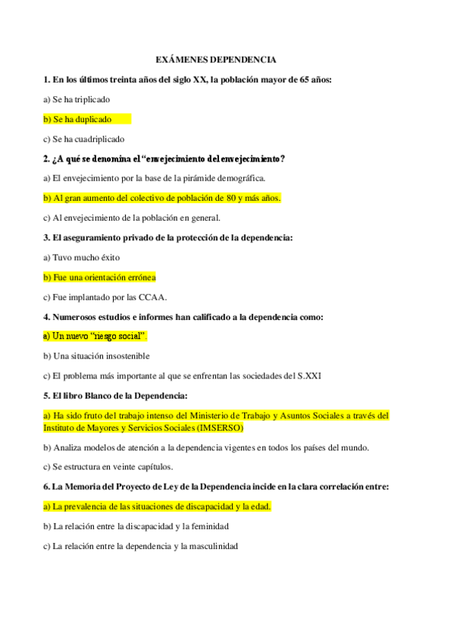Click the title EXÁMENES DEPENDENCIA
point(215,59)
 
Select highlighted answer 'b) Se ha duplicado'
point(77,119)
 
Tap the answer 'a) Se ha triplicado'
point(77,99)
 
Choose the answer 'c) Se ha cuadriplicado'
point(83,140)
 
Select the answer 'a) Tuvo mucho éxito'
point(81,258)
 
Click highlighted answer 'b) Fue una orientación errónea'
point(99,278)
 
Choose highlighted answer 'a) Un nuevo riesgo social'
point(95,336)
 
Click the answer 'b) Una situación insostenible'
point(96,356)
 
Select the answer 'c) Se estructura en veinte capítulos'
point(108,467)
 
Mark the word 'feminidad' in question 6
point(206,526)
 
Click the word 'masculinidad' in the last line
point(211,546)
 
